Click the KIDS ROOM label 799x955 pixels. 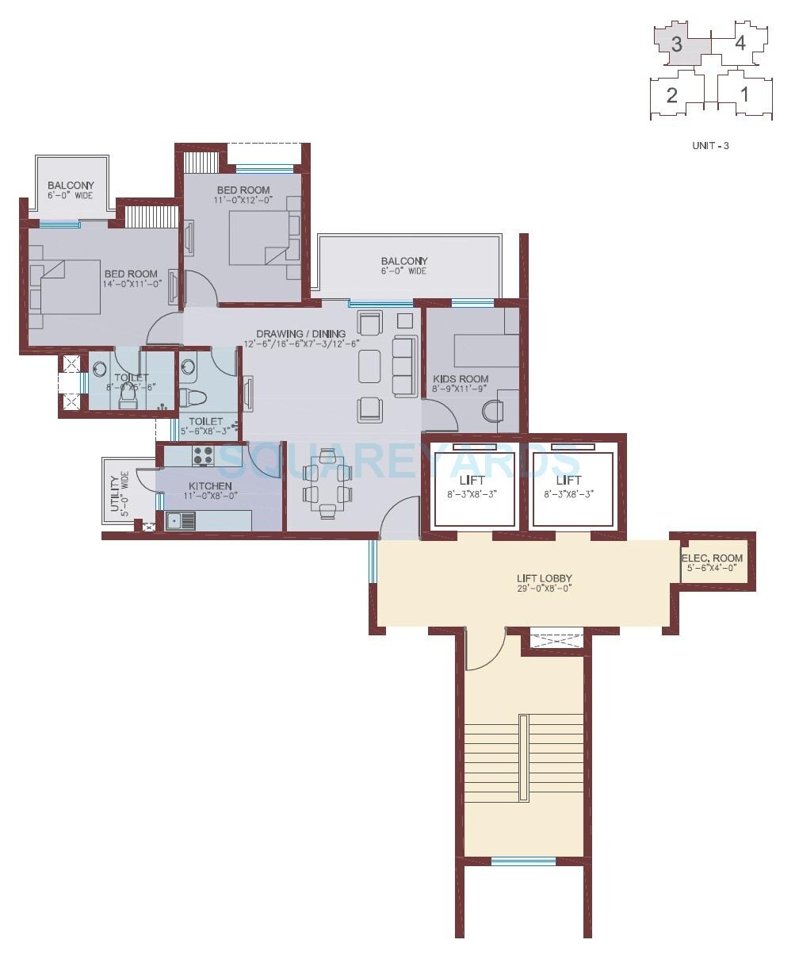click(x=461, y=379)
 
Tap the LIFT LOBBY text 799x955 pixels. click(x=545, y=578)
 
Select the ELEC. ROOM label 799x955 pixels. click(x=712, y=558)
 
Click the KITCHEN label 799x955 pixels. click(x=210, y=485)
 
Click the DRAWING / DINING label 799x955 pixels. click(x=300, y=333)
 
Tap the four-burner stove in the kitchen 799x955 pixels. click(x=203, y=455)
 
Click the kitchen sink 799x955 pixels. click(x=181, y=520)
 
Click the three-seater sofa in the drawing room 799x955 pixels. click(x=405, y=366)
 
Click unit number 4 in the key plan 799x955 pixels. click(x=740, y=43)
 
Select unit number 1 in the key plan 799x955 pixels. click(x=744, y=95)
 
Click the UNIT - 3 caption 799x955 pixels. click(x=710, y=146)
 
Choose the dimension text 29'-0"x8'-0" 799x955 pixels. click(x=545, y=589)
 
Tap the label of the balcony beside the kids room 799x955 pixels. click(x=403, y=261)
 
